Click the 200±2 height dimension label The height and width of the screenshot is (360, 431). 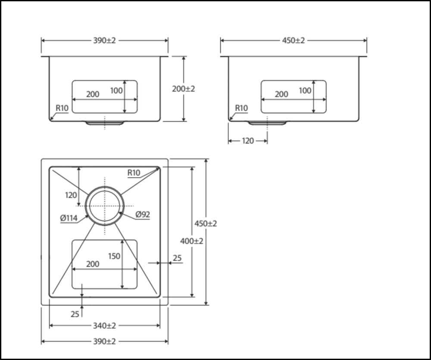pos(184,89)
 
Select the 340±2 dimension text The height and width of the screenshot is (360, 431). pos(104,325)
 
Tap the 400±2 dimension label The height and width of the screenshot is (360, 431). pos(192,241)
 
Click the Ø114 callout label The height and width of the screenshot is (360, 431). pos(69,218)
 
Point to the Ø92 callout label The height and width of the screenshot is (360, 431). pos(143,214)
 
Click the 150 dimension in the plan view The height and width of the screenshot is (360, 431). pos(114,256)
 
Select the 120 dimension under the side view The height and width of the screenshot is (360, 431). pos(248,141)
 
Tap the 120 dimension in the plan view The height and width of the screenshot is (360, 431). pos(71,195)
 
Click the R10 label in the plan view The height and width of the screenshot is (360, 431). pos(134,173)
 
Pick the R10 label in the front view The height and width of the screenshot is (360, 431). pos(62,108)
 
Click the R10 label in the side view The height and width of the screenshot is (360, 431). pos(241,108)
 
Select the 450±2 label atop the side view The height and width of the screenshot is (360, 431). pos(294,40)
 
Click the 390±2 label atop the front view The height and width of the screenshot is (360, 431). pos(104,40)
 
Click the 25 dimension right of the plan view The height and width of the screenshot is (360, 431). pos(177,258)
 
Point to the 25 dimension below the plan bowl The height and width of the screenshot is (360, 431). pos(75,314)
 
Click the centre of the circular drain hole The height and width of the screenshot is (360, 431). pos(105,206)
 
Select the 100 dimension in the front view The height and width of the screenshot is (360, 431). pos(116,90)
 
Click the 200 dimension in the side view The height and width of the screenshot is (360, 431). pos(281,94)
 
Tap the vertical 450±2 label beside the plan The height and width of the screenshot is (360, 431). pos(206,223)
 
